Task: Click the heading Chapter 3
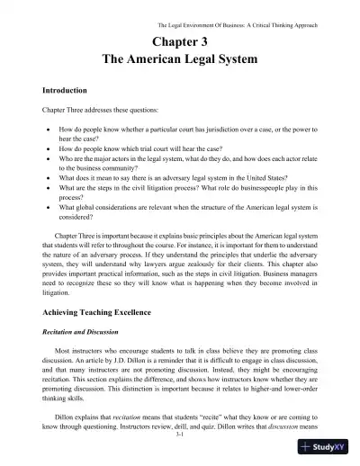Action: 180,40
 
